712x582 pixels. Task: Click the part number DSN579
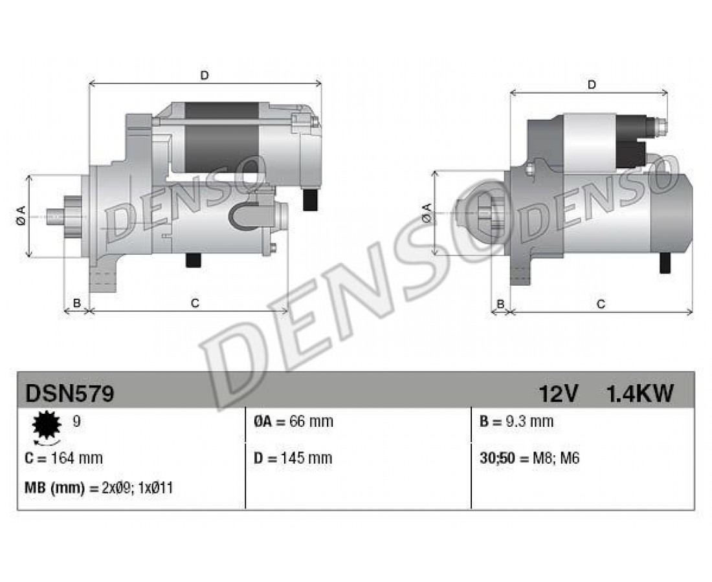[x=69, y=393]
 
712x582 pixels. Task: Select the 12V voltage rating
[x=558, y=393]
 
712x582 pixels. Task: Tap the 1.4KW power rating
[x=640, y=393]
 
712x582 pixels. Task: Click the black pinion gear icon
[x=47, y=425]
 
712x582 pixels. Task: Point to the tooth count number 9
[x=77, y=422]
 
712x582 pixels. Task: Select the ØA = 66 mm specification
[x=293, y=422]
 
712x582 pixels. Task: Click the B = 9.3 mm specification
[x=517, y=422]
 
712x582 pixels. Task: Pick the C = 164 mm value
[x=63, y=458]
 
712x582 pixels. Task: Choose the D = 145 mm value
[x=293, y=458]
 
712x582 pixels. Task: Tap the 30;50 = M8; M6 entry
[x=529, y=458]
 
